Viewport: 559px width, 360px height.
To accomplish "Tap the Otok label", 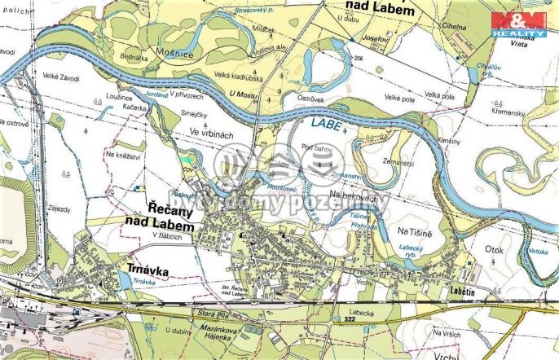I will pos(495,251).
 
